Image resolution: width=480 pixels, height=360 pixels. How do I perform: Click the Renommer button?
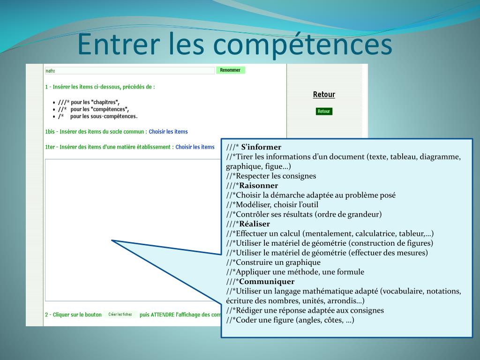[231, 70]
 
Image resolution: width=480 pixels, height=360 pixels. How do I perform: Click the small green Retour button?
[324, 112]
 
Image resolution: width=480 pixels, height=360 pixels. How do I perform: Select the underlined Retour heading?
[324, 95]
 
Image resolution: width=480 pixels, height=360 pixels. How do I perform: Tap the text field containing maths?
[129, 71]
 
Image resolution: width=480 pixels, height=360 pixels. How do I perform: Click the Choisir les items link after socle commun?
[168, 132]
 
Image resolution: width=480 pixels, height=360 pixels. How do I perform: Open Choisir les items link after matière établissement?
[195, 147]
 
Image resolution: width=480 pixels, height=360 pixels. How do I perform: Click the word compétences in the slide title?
[302, 45]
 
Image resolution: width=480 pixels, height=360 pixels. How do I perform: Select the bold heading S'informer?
[261, 147]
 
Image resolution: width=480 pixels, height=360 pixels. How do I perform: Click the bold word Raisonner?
[259, 186]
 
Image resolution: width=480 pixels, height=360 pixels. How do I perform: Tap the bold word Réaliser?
[255, 224]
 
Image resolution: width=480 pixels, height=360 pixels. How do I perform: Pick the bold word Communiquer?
[267, 282]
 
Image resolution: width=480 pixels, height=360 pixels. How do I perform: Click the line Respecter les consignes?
[271, 176]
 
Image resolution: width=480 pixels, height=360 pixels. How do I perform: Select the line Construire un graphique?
[273, 262]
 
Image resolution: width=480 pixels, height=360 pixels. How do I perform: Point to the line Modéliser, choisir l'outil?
[272, 205]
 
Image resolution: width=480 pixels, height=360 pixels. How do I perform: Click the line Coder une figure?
[290, 320]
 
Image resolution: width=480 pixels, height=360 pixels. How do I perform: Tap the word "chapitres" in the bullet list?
[105, 102]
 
